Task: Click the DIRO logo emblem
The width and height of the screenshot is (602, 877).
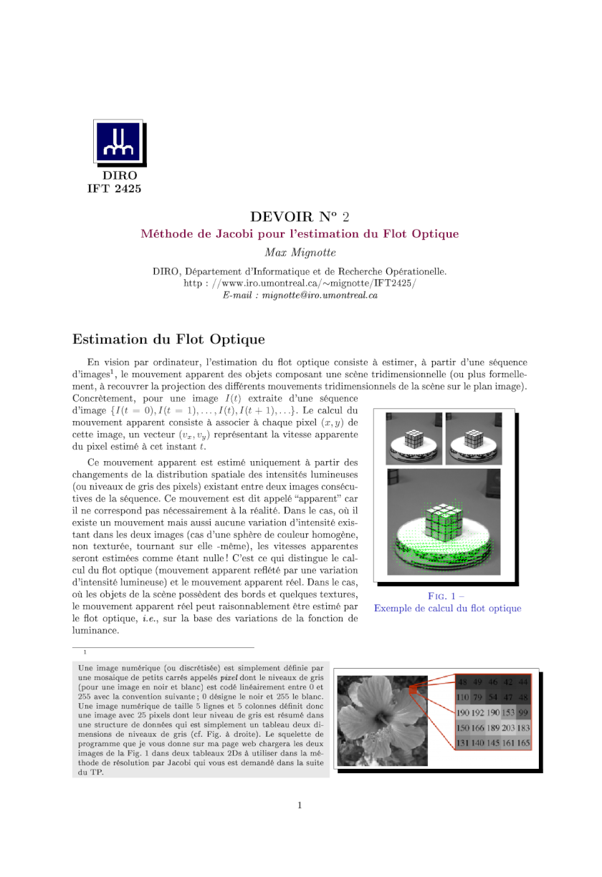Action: coord(119,142)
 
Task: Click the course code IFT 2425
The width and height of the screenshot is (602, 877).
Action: coord(114,189)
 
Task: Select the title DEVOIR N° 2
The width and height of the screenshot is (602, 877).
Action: coord(300,216)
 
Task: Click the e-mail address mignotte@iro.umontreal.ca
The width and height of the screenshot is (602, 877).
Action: coord(320,295)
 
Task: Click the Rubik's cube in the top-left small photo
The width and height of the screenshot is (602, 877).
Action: coord(414,437)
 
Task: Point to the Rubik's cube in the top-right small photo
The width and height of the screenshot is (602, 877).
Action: coord(474,437)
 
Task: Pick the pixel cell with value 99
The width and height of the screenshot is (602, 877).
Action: coord(523,712)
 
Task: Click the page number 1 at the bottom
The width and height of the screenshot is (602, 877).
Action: coord(300,805)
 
